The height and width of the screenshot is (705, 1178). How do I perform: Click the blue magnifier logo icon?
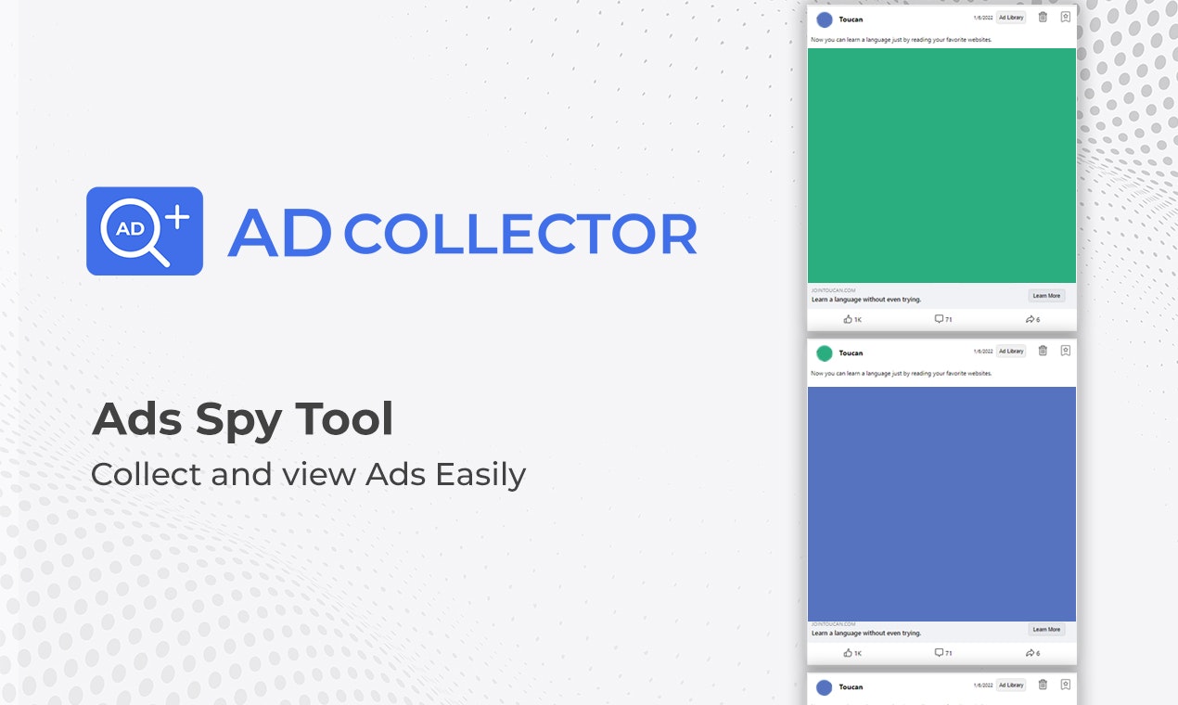tap(144, 231)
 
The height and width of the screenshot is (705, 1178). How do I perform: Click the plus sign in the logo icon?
tap(176, 216)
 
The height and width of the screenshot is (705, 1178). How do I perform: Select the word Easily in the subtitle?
tap(480, 475)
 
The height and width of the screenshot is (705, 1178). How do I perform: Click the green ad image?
tap(941, 165)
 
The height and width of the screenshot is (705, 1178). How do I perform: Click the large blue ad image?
tap(941, 504)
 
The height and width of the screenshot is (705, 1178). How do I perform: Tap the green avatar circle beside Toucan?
tap(825, 352)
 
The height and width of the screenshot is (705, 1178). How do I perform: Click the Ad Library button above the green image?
tap(1011, 18)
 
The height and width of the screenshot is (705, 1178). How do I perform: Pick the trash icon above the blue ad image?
tap(1043, 351)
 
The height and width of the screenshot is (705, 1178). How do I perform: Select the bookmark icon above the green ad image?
tap(1066, 17)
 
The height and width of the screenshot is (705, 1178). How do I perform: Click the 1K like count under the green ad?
tap(853, 319)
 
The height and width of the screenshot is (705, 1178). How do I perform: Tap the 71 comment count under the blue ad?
tap(943, 653)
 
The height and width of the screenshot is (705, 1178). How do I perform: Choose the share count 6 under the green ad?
tap(1033, 319)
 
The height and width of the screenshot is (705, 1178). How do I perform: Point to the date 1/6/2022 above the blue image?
tap(983, 352)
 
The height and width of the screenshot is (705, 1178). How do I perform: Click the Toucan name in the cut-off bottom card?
tap(851, 687)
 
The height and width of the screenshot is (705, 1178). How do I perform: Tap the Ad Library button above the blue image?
tap(1011, 352)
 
